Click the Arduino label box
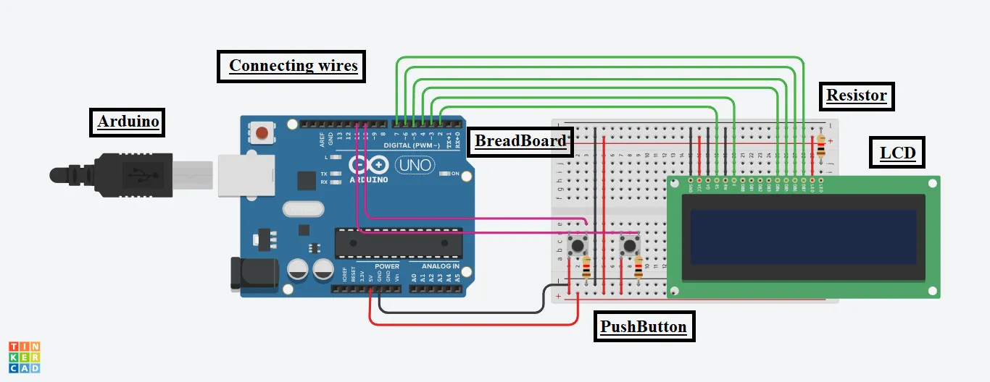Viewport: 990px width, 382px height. pos(128,122)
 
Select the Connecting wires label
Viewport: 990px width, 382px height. pos(293,66)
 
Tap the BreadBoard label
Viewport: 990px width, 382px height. pos(520,141)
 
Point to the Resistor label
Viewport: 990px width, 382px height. pos(856,95)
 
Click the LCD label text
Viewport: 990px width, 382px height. pos(897,153)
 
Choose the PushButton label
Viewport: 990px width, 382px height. pos(642,327)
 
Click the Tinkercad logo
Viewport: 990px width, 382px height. pos(25,357)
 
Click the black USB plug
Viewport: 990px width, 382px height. pos(123,174)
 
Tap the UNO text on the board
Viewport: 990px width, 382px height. pos(415,165)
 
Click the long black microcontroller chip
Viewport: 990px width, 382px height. pos(398,243)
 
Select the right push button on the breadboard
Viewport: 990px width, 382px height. pos(631,245)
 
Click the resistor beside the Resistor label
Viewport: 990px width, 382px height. pos(820,145)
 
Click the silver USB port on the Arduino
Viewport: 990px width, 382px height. pos(238,174)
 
